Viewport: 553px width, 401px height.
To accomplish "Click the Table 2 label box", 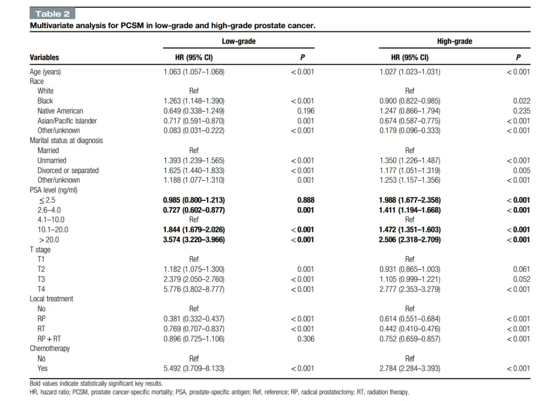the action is point(52,14).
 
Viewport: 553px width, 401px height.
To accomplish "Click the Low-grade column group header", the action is point(239,41).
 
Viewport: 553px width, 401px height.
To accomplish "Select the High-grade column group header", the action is point(455,41).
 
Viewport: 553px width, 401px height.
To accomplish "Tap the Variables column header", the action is point(45,57).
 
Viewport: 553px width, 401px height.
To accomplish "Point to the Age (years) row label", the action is point(46,72).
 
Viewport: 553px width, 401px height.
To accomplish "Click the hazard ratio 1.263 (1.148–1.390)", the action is point(194,101).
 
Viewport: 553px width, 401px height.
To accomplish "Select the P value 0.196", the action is point(306,111).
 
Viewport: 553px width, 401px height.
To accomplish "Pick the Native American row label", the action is point(60,111).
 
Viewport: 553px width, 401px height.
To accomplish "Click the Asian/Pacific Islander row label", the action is point(67,121).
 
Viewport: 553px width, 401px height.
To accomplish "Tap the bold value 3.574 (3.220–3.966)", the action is point(194,240).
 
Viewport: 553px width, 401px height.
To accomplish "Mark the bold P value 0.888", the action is point(306,200).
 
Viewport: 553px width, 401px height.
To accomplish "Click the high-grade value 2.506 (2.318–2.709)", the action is point(410,240).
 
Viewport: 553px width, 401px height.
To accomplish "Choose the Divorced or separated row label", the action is point(68,171).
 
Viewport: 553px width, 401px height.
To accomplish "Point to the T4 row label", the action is point(41,289).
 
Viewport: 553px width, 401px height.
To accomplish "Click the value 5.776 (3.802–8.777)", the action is point(194,289).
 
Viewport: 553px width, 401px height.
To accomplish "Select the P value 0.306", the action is point(306,339).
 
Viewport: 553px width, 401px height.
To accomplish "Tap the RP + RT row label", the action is point(49,339).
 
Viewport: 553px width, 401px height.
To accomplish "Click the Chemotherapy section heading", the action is point(50,348).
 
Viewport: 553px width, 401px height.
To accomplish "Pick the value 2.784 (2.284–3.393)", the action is point(410,369).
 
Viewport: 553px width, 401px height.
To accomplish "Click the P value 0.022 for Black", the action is point(522,101).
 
